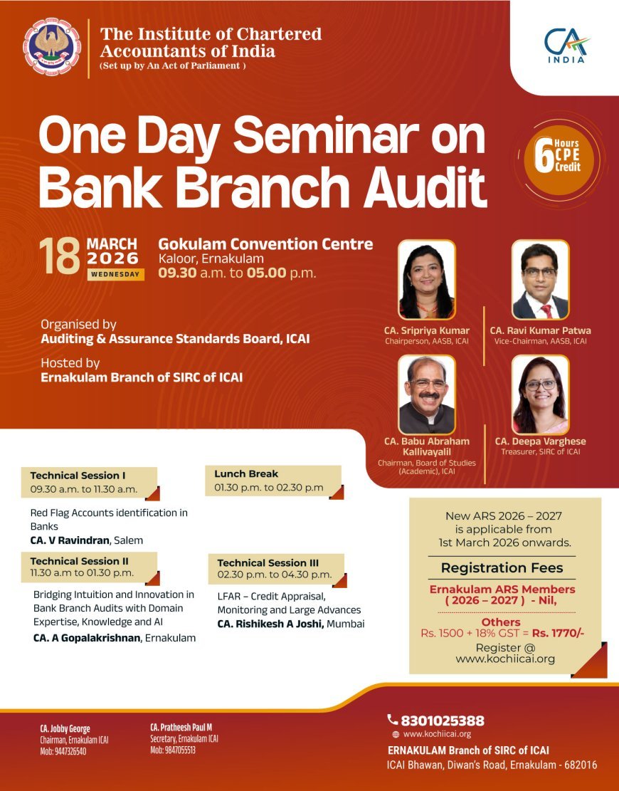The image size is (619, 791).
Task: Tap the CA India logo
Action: [x=567, y=45]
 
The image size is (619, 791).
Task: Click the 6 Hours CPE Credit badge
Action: [x=559, y=157]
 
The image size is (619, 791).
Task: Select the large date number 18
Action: [x=59, y=257]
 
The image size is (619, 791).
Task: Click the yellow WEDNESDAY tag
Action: [x=115, y=274]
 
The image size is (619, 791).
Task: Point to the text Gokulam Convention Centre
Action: [x=265, y=244]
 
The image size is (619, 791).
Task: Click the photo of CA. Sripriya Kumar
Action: [x=427, y=280]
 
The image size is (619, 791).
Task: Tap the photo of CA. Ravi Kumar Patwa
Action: [x=541, y=280]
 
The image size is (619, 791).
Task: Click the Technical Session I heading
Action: [x=78, y=475]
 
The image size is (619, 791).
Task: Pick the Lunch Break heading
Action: [x=246, y=473]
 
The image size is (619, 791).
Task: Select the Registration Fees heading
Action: [x=502, y=567]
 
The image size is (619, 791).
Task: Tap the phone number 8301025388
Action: [x=442, y=721]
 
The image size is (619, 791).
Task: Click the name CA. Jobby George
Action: [x=65, y=728]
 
